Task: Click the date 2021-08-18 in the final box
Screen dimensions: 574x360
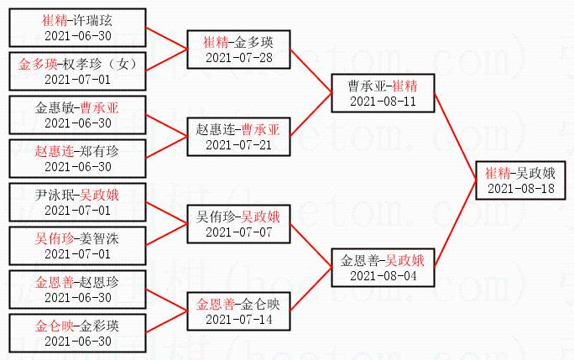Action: click(x=520, y=188)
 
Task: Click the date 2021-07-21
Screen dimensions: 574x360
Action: click(x=239, y=145)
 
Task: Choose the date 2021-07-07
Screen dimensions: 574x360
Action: click(x=239, y=232)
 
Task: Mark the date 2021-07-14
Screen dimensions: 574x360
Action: click(x=239, y=319)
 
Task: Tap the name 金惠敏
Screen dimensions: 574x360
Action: click(x=55, y=107)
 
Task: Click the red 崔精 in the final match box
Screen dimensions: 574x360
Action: click(x=498, y=173)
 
